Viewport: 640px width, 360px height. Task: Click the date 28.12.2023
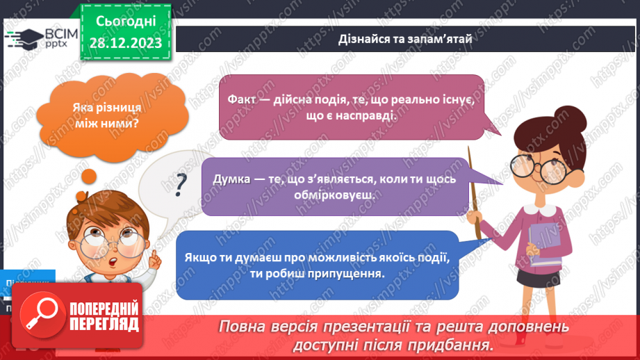(x=124, y=43)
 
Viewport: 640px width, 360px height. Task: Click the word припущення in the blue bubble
(x=354, y=273)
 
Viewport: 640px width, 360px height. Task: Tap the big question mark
(x=181, y=184)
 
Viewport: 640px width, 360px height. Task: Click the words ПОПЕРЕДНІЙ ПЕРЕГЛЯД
(x=104, y=316)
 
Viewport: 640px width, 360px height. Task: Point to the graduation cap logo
(x=25, y=38)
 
